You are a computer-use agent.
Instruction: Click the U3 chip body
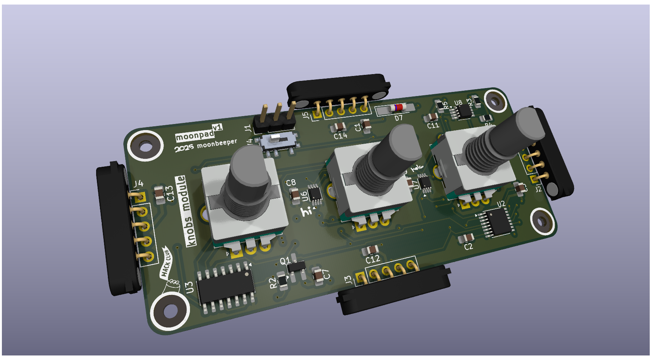tap(226, 284)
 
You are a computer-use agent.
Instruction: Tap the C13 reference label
tap(170, 193)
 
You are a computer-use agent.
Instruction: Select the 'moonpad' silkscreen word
tap(195, 135)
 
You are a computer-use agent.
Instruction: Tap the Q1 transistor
tap(296, 266)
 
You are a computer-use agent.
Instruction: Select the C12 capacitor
tap(370, 250)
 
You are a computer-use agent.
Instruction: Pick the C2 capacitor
tap(466, 238)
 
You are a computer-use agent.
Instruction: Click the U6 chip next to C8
tap(315, 194)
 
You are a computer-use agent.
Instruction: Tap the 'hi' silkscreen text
tap(307, 211)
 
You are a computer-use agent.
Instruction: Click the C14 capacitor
tap(339, 127)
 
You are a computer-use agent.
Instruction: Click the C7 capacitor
tap(318, 275)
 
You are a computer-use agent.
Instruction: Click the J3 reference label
tap(348, 280)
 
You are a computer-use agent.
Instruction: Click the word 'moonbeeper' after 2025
tap(217, 143)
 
